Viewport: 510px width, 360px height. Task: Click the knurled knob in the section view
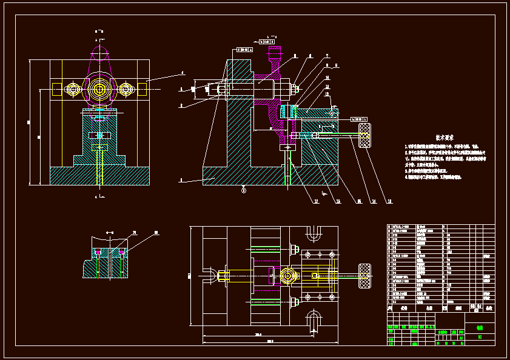pos(366,135)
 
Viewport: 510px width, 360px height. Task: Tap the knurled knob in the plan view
pos(366,276)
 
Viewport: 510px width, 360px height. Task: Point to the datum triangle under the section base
pos(244,190)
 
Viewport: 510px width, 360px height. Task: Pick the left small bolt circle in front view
pos(74,90)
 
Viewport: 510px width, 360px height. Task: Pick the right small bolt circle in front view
pos(126,90)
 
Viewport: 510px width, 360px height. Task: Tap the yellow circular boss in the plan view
pos(287,277)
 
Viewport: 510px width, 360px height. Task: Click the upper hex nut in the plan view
pos(295,248)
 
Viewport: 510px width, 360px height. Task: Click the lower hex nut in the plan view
pos(295,302)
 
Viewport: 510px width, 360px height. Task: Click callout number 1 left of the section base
pos(181,181)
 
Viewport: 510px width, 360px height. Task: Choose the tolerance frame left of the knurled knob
pos(358,119)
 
